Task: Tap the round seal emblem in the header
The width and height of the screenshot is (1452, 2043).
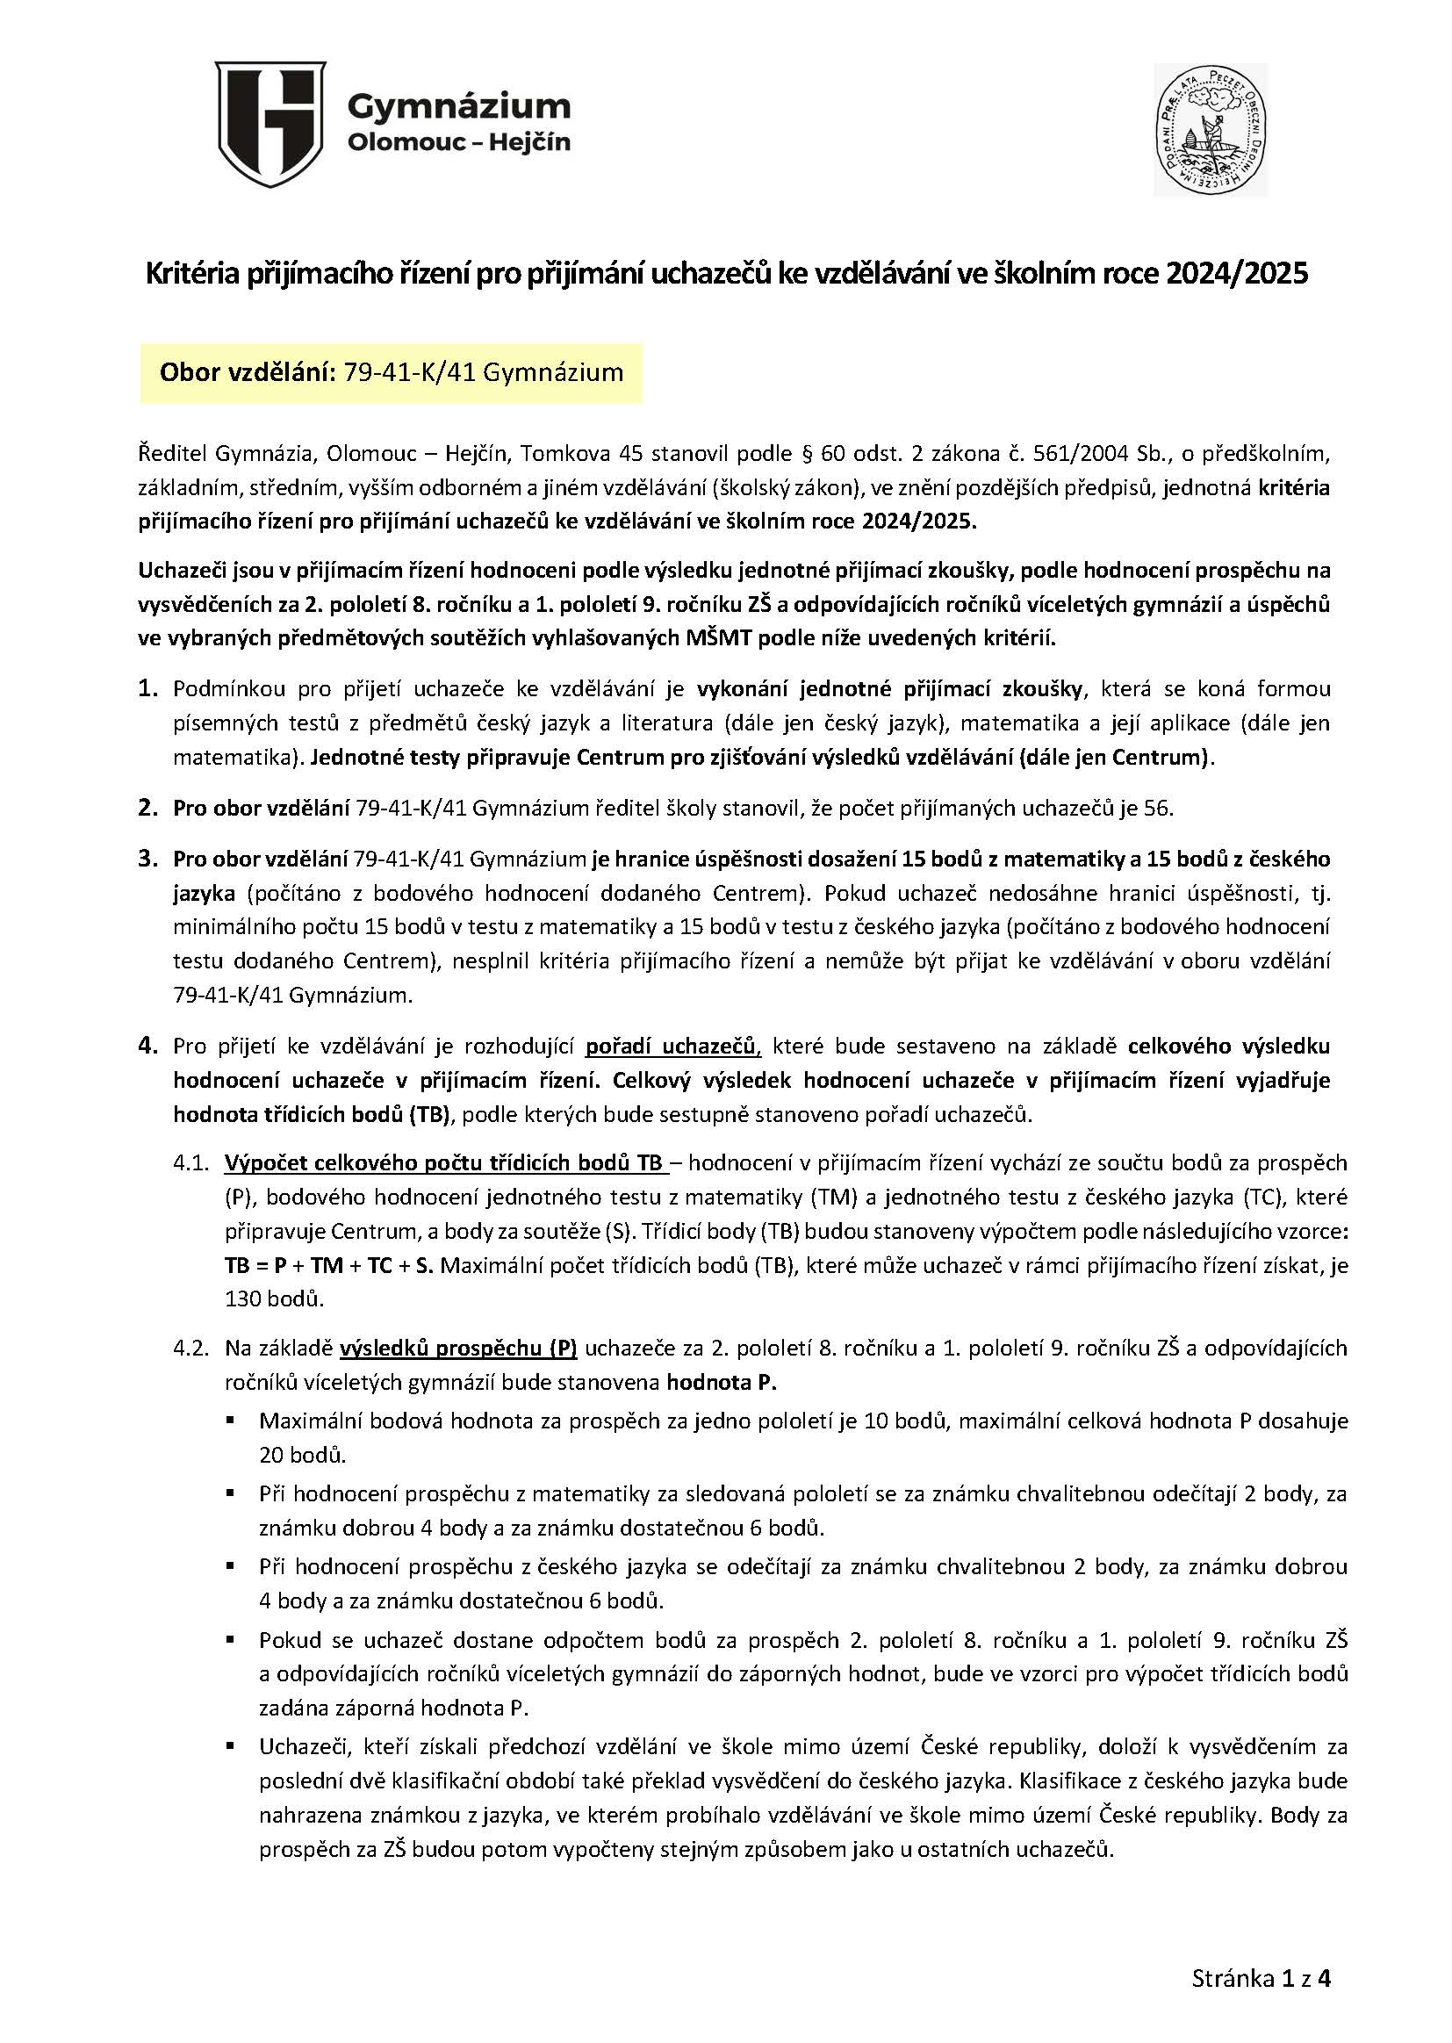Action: [1210, 130]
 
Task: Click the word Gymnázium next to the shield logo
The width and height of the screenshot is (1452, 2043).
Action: [457, 106]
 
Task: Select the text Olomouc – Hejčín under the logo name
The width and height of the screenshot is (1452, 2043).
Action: [457, 142]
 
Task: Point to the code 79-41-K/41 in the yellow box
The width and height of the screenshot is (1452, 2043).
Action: [405, 373]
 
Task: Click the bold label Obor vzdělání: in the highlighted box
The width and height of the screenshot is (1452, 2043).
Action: [243, 373]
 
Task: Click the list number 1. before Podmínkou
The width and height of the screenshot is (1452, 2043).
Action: [148, 688]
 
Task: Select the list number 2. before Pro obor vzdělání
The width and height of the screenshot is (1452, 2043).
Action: [148, 809]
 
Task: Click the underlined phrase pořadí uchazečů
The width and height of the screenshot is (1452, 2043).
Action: [672, 1047]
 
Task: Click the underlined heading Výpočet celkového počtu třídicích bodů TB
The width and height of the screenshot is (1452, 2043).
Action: [443, 1163]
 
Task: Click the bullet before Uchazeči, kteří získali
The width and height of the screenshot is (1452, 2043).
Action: [231, 1744]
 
